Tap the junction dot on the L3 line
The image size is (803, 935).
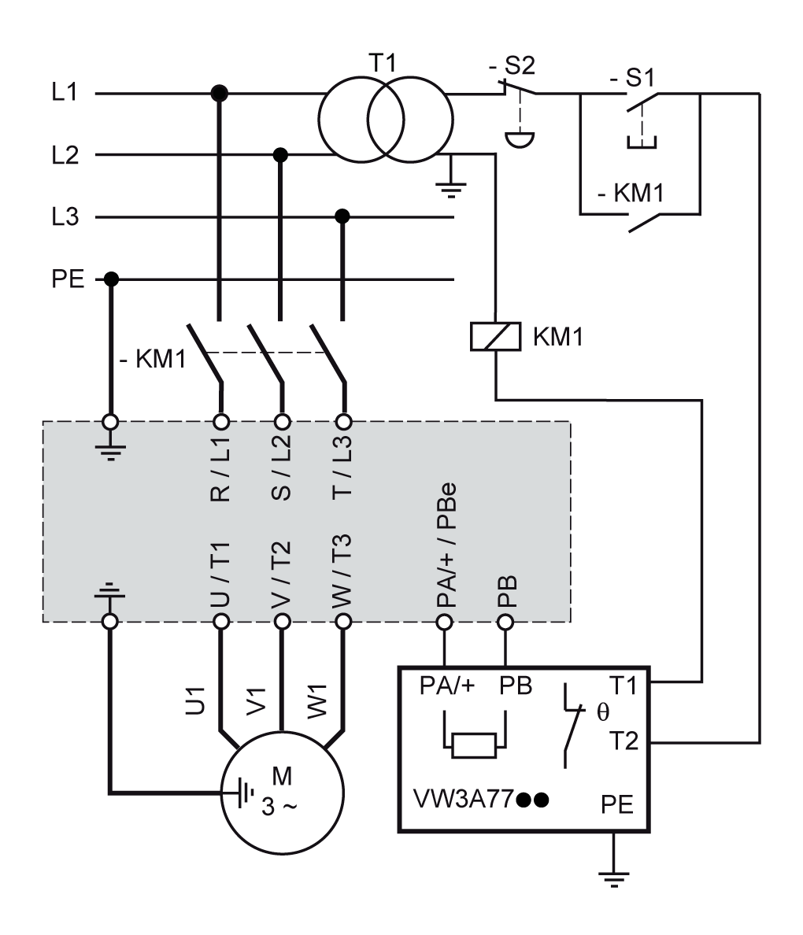point(342,216)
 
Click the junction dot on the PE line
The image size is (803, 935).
point(111,279)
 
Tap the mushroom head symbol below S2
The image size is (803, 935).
point(519,140)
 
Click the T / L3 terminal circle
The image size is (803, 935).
point(342,420)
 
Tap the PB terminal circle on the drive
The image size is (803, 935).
point(505,622)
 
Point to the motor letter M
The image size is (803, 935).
point(281,775)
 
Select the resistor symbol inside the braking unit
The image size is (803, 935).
point(474,744)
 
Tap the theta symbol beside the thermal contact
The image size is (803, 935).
point(603,713)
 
